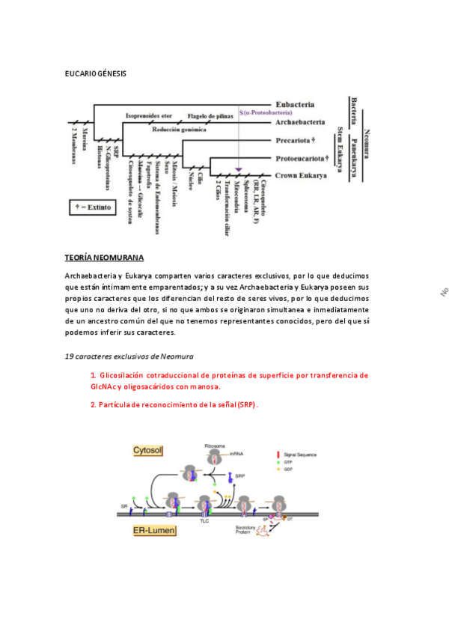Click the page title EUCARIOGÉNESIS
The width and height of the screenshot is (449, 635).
pyautogui.click(x=96, y=73)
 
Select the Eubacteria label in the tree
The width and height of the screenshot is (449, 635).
pyautogui.click(x=295, y=104)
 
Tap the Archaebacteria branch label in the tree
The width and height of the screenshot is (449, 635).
pyautogui.click(x=299, y=121)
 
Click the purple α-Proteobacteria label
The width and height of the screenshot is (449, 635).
pyautogui.click(x=266, y=113)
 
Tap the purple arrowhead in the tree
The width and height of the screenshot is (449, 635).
pyautogui.click(x=239, y=170)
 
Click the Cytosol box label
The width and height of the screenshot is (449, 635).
pyautogui.click(x=148, y=450)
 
